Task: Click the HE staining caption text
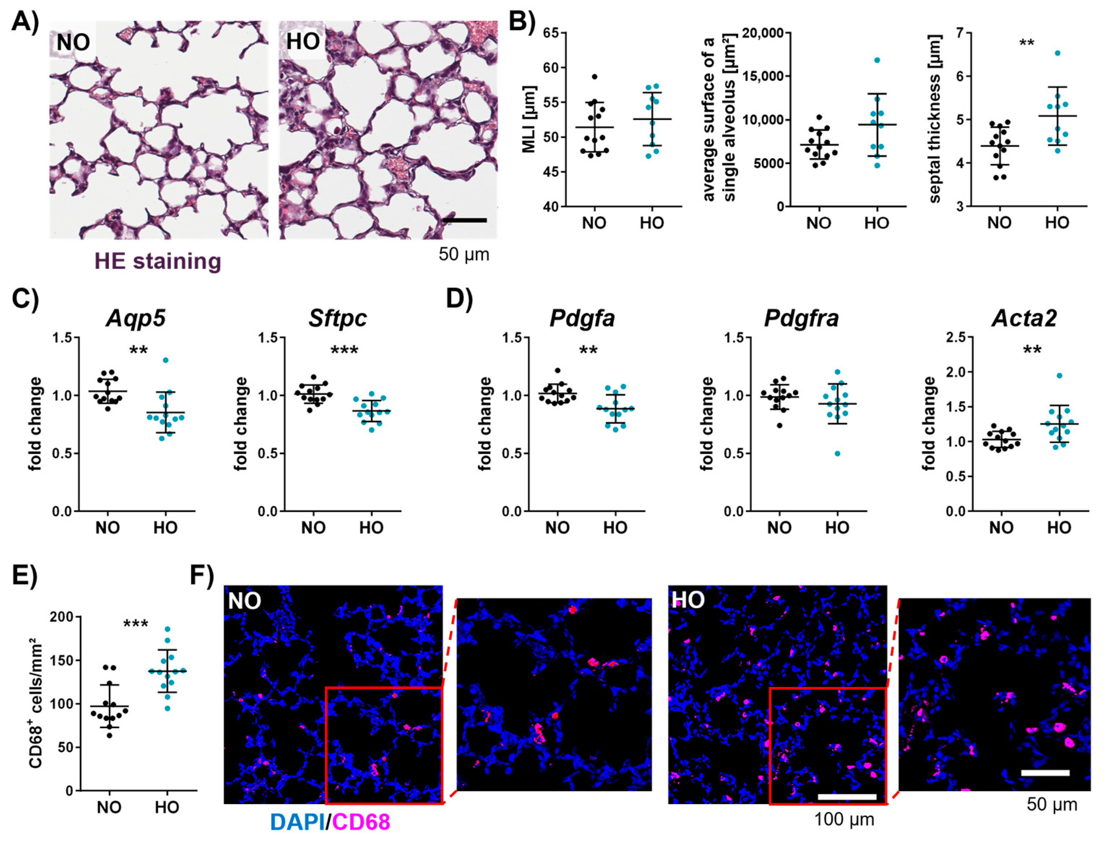click(x=157, y=262)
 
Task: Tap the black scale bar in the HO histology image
click(x=465, y=220)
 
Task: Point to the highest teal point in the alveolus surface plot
click(x=877, y=60)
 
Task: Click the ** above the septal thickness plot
click(x=1027, y=43)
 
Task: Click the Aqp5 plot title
click(x=136, y=318)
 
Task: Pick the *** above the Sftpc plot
click(x=344, y=350)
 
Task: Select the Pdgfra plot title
click(x=801, y=318)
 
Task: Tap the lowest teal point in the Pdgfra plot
click(x=837, y=454)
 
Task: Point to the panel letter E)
click(x=24, y=577)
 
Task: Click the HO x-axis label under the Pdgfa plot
click(x=615, y=527)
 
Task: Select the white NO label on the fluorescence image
click(x=245, y=600)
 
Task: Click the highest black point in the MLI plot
click(x=594, y=77)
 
